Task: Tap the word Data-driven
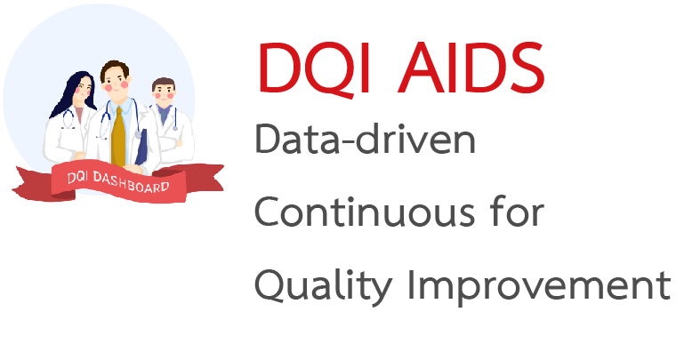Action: click(x=366, y=141)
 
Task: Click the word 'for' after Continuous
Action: click(x=520, y=213)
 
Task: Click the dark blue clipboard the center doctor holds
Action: click(x=140, y=148)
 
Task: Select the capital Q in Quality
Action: click(x=271, y=286)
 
